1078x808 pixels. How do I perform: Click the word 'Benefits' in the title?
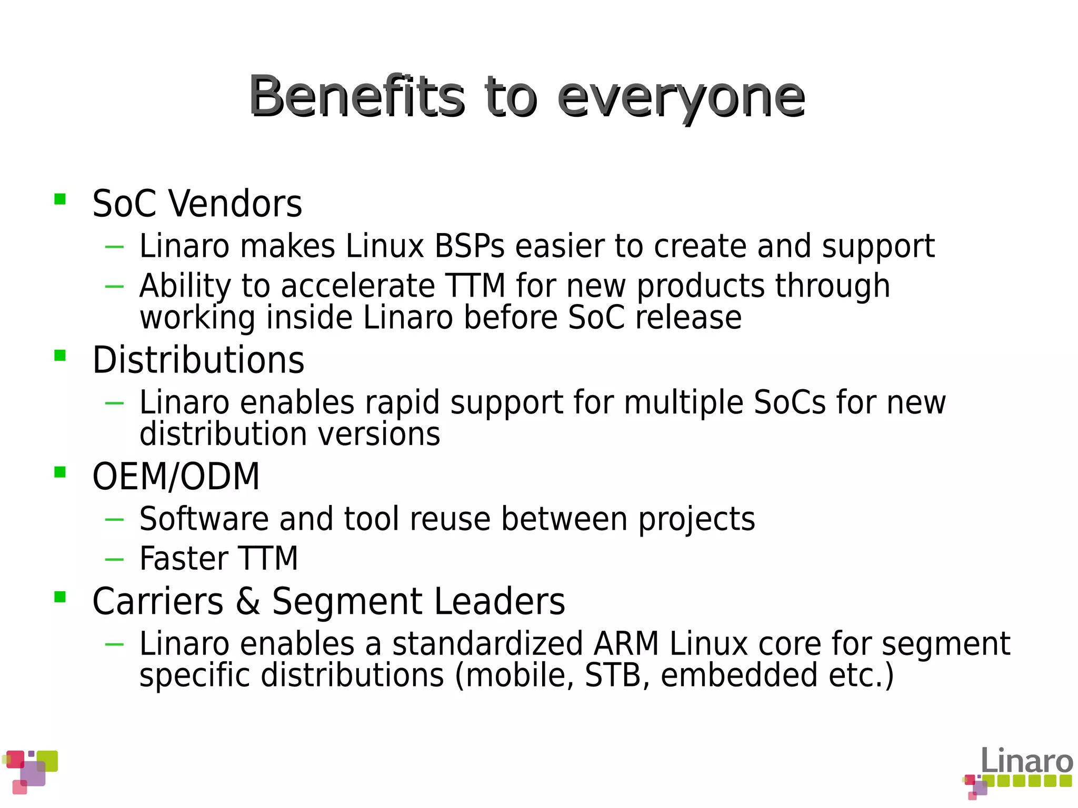pos(357,96)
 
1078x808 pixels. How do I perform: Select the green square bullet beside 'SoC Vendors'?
pos(60,199)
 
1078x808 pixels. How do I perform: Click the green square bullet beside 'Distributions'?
pos(60,356)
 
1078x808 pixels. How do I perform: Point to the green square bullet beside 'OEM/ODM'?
pos(60,472)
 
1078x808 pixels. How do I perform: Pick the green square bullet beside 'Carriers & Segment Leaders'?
pos(60,597)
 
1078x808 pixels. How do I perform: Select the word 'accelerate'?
pos(358,286)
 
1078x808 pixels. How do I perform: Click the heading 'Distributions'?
pos(198,361)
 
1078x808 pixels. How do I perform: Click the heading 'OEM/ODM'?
pos(176,477)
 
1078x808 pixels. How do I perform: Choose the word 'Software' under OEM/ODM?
pos(204,519)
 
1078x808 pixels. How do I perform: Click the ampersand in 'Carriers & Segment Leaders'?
pos(248,602)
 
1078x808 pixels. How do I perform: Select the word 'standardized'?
pos(487,644)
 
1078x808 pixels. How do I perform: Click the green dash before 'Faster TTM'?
pos(114,560)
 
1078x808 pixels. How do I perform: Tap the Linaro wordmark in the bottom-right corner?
pos(1026,762)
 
